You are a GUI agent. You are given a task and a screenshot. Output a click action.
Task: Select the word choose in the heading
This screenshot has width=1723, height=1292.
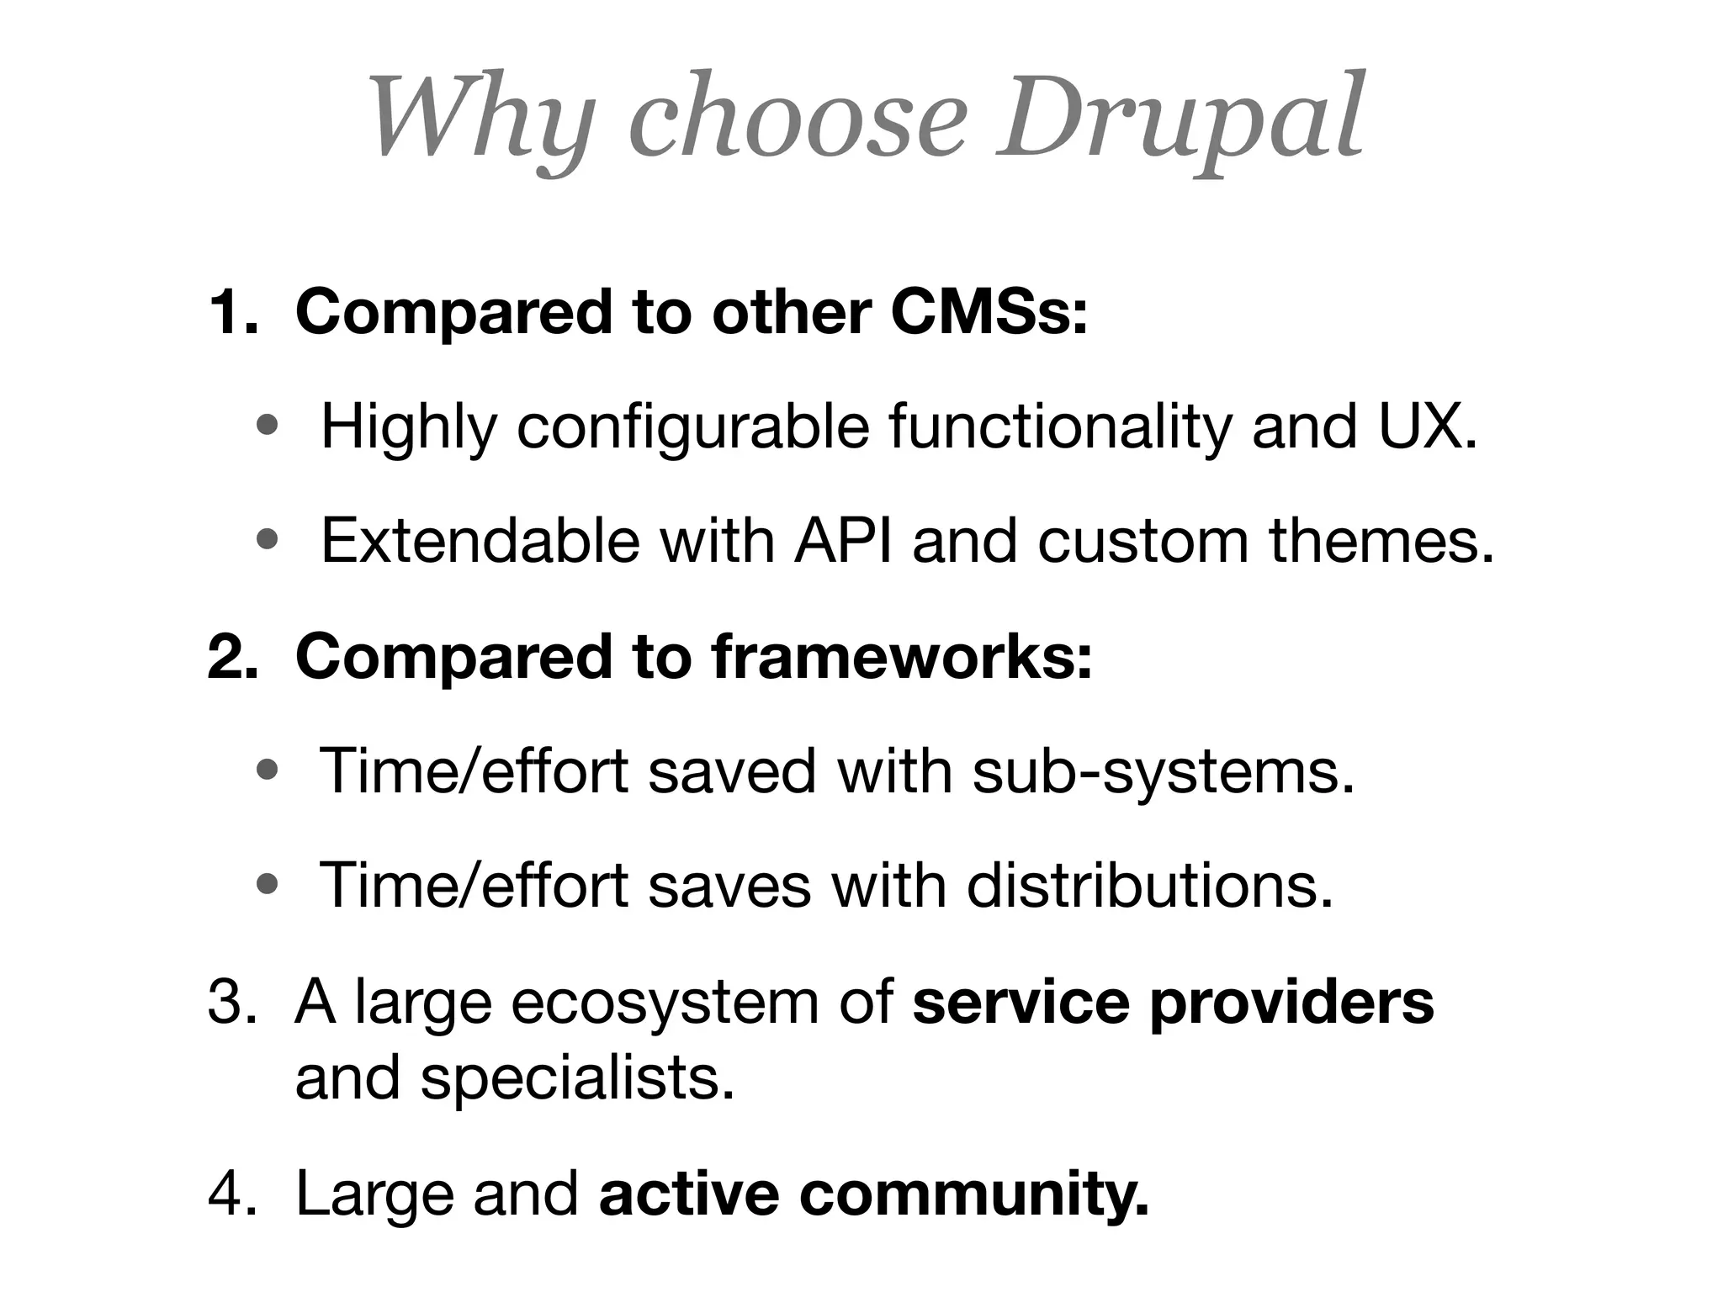[798, 118]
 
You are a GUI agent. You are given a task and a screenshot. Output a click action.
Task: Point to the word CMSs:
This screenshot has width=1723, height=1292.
[989, 312]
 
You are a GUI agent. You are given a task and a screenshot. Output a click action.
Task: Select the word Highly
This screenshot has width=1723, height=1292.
[409, 427]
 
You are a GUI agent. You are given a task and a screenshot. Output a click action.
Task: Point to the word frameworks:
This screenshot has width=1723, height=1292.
[902, 657]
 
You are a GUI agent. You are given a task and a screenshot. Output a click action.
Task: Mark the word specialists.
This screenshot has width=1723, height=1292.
[577, 1078]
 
